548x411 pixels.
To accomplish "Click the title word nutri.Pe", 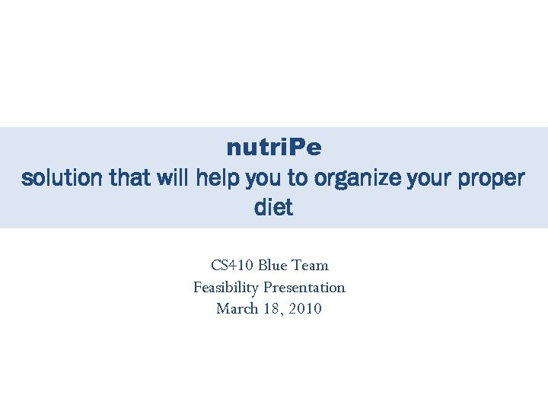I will pyautogui.click(x=273, y=146).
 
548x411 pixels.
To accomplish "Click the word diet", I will pyautogui.click(x=273, y=208).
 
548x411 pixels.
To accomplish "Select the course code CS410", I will pyautogui.click(x=232, y=266).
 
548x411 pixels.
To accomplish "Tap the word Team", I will pyautogui.click(x=310, y=266).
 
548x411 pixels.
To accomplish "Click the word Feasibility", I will pyautogui.click(x=226, y=288).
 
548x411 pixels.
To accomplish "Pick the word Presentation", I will pyautogui.click(x=304, y=288).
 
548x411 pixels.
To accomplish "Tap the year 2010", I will pyautogui.click(x=304, y=309).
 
